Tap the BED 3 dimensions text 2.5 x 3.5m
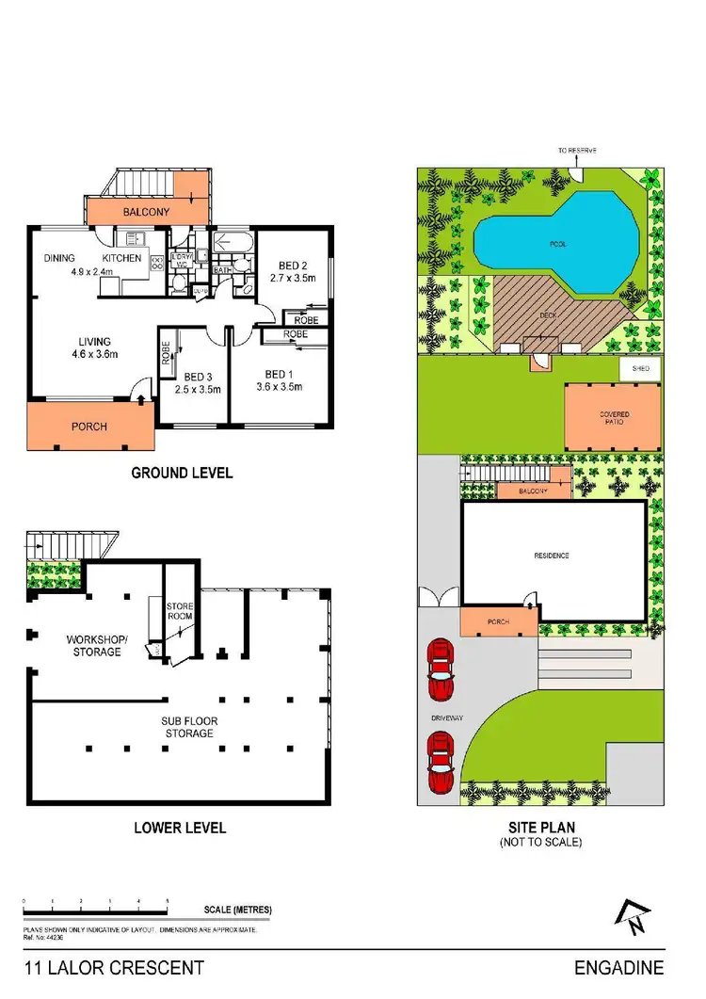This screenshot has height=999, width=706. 197,389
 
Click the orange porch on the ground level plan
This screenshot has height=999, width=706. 89,427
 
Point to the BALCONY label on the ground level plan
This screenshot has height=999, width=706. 146,213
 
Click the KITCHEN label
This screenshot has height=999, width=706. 122,258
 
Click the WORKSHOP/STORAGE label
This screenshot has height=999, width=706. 93,645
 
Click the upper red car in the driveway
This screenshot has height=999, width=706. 439,670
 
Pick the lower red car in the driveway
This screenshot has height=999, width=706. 439,763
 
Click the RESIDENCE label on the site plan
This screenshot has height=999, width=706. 552,556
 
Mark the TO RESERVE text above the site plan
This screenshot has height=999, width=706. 577,151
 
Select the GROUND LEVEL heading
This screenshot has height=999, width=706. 182,473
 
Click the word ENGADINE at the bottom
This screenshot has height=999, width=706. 618,968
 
